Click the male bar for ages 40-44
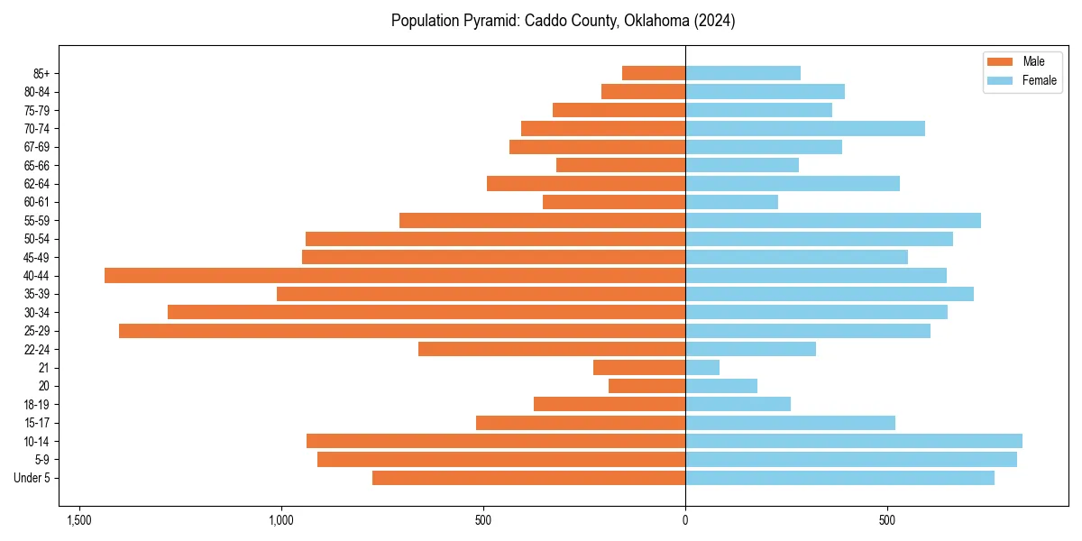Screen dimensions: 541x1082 (x=395, y=276)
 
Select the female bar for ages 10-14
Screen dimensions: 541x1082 (x=854, y=441)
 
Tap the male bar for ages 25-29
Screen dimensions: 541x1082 (x=402, y=331)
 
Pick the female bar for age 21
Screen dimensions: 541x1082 (x=702, y=368)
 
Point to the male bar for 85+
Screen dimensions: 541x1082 (x=654, y=73)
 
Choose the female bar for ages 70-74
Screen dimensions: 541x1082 (x=805, y=128)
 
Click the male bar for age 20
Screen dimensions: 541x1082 (x=646, y=386)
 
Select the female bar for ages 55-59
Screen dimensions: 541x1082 (x=833, y=221)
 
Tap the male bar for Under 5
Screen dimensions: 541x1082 (x=528, y=478)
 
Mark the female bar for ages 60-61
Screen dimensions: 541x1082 (x=731, y=202)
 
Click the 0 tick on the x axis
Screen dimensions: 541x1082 (x=685, y=520)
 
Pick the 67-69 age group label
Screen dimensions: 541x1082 (x=37, y=147)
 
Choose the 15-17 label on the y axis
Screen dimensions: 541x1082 (x=37, y=423)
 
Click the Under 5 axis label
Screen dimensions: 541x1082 (x=32, y=478)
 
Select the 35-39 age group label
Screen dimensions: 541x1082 (x=37, y=294)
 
